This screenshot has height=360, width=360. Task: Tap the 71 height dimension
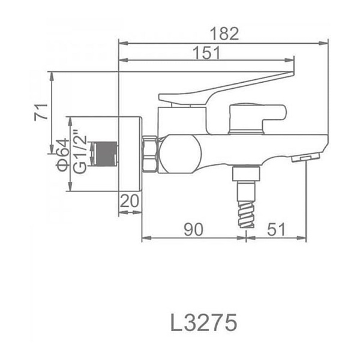click(x=41, y=112)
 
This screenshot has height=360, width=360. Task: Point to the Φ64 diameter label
click(x=62, y=155)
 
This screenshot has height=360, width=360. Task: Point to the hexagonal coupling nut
click(x=150, y=154)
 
